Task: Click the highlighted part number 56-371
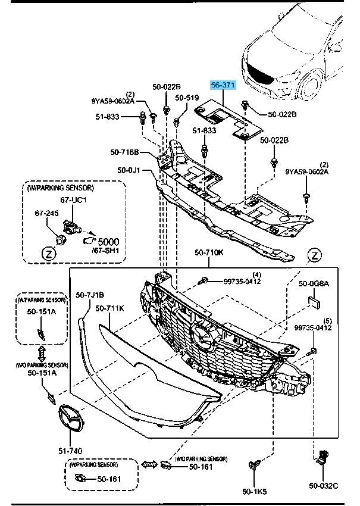coord(224,86)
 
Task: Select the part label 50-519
coord(186,98)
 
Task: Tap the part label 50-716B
coord(124,152)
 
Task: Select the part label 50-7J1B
coord(90,294)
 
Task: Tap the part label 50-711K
coord(109,308)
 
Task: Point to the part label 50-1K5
coord(254,491)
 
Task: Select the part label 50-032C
coord(323,486)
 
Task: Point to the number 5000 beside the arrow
coord(108,242)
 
